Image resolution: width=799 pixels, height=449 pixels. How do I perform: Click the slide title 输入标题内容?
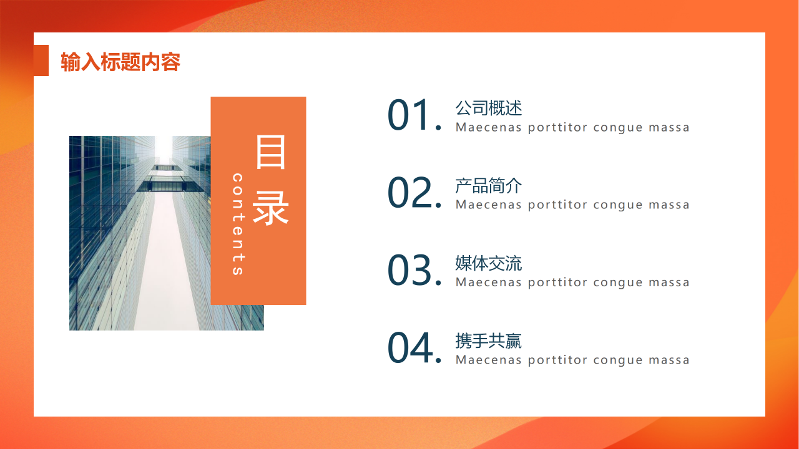(120, 62)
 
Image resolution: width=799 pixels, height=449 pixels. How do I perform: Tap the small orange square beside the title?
(41, 60)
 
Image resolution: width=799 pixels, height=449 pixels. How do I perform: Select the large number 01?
(409, 116)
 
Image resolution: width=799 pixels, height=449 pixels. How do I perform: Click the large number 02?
(409, 193)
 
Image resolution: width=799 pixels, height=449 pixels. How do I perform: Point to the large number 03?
(409, 271)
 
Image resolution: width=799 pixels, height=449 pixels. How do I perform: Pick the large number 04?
(409, 348)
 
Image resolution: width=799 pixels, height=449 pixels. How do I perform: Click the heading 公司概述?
(488, 109)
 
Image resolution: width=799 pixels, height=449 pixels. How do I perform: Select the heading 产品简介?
(488, 186)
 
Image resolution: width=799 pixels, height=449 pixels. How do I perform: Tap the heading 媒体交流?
(488, 263)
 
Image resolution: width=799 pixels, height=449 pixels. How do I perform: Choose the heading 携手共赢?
(488, 341)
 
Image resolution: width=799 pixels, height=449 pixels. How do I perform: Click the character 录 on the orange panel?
(271, 207)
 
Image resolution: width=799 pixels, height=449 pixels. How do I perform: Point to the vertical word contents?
(238, 224)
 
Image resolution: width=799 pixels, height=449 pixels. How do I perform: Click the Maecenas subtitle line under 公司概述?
(572, 128)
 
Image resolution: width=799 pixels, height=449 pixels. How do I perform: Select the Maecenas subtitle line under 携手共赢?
(572, 360)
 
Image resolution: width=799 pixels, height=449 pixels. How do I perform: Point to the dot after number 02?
(438, 205)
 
